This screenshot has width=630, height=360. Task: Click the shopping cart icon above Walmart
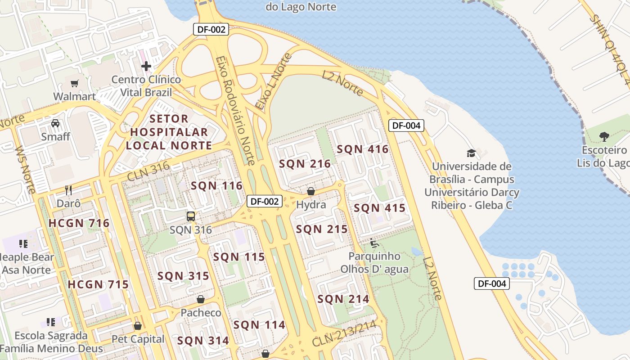tap(74, 83)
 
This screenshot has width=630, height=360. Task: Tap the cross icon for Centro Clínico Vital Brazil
tap(146, 67)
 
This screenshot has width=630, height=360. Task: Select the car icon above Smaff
tap(55, 123)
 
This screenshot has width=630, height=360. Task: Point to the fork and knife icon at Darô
tap(68, 190)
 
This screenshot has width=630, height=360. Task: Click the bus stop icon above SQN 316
tap(191, 216)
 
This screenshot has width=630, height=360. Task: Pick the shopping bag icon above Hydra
tap(310, 192)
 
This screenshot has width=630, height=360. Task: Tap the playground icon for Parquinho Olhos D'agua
tap(374, 243)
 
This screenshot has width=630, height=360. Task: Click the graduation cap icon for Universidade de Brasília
tap(471, 153)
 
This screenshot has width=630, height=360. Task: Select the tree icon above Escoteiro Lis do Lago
tap(604, 136)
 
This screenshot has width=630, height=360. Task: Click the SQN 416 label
tap(362, 149)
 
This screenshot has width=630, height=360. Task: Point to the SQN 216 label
tap(305, 164)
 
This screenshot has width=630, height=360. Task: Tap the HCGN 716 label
tap(79, 223)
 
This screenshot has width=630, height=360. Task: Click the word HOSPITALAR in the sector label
tap(169, 132)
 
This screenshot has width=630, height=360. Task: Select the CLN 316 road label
tap(148, 171)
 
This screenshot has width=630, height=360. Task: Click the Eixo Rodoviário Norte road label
tap(235, 110)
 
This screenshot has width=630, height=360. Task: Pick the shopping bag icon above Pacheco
tap(201, 299)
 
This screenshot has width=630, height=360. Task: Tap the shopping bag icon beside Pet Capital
tap(137, 326)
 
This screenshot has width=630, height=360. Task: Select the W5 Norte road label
tap(25, 169)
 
